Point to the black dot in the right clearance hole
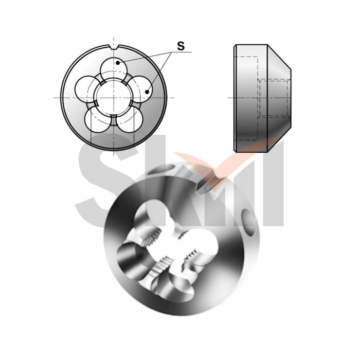147,92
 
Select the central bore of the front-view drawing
113,97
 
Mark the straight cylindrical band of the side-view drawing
247,98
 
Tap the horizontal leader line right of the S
188,52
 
